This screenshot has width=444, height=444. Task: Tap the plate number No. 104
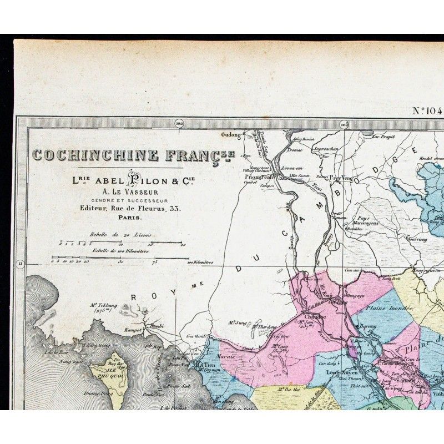pyautogui.click(x=427, y=110)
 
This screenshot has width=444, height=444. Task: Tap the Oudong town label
pyautogui.click(x=232, y=134)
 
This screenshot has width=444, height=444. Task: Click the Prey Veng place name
pyautogui.click(x=342, y=178)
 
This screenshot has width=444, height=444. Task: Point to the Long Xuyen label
pyautogui.click(x=340, y=372)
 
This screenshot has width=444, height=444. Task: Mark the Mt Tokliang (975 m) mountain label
pyautogui.click(x=105, y=307)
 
